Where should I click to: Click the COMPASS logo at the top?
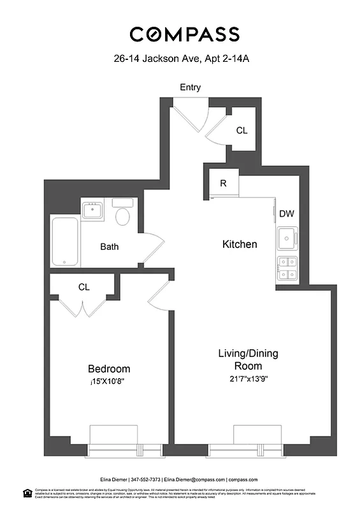pos(184,34)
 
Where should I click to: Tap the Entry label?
pos(190,87)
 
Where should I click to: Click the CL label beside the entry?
pos(241,130)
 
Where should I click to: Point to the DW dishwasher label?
pos(286,214)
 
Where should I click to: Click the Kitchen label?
pos(239,244)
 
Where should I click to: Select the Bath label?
pos(109,247)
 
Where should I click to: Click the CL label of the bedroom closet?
pos(83,287)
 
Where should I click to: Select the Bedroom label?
pos(108,368)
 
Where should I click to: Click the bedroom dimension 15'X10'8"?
pos(108,382)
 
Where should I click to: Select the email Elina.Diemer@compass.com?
pos(199,479)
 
